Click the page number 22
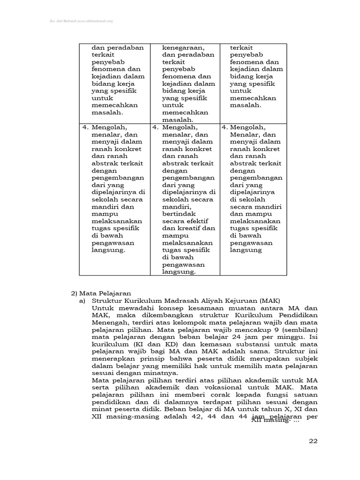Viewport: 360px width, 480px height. [x=313, y=441]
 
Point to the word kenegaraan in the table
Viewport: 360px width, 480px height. [x=183, y=47]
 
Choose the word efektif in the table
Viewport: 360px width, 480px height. [x=196, y=221]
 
